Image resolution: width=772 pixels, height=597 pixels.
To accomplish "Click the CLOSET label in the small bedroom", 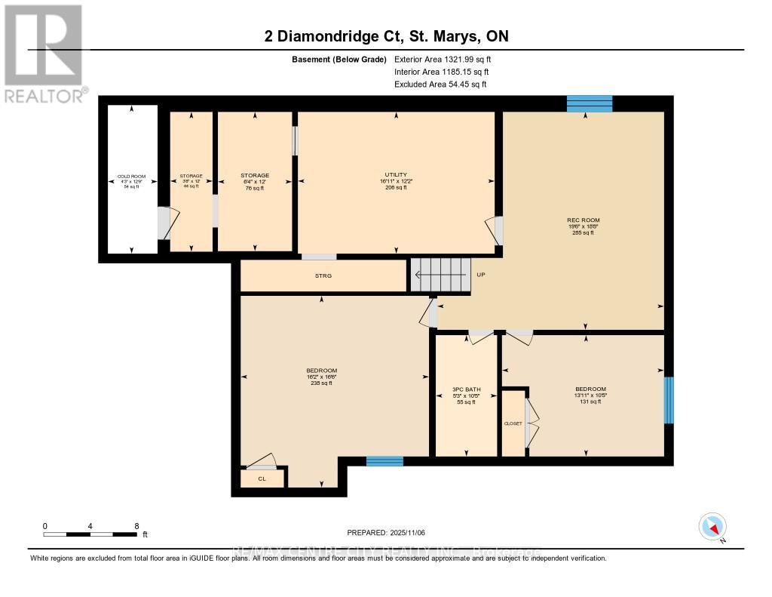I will pyautogui.click(x=513, y=423).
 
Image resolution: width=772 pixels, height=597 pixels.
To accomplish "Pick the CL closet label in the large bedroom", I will pyautogui.click(x=262, y=478).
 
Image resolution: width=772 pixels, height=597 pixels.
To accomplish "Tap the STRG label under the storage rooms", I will pyautogui.click(x=323, y=275).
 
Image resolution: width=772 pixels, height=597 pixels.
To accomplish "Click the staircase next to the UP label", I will pyautogui.click(x=440, y=275).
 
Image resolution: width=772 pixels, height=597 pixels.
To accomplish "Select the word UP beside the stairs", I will pyautogui.click(x=481, y=275).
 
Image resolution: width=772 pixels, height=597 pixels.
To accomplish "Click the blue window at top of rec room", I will pyautogui.click(x=589, y=104).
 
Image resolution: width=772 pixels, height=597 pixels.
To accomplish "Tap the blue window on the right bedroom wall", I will pyautogui.click(x=668, y=400).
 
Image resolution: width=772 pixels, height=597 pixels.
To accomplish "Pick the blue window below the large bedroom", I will pyautogui.click(x=384, y=460).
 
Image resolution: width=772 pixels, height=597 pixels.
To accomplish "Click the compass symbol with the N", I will pyautogui.click(x=712, y=526).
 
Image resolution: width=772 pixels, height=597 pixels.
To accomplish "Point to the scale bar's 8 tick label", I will pyautogui.click(x=136, y=525).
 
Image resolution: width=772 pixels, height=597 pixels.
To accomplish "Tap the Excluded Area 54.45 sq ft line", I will pyautogui.click(x=440, y=84).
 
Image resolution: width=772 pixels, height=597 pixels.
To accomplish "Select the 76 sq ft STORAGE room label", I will pyautogui.click(x=255, y=181).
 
